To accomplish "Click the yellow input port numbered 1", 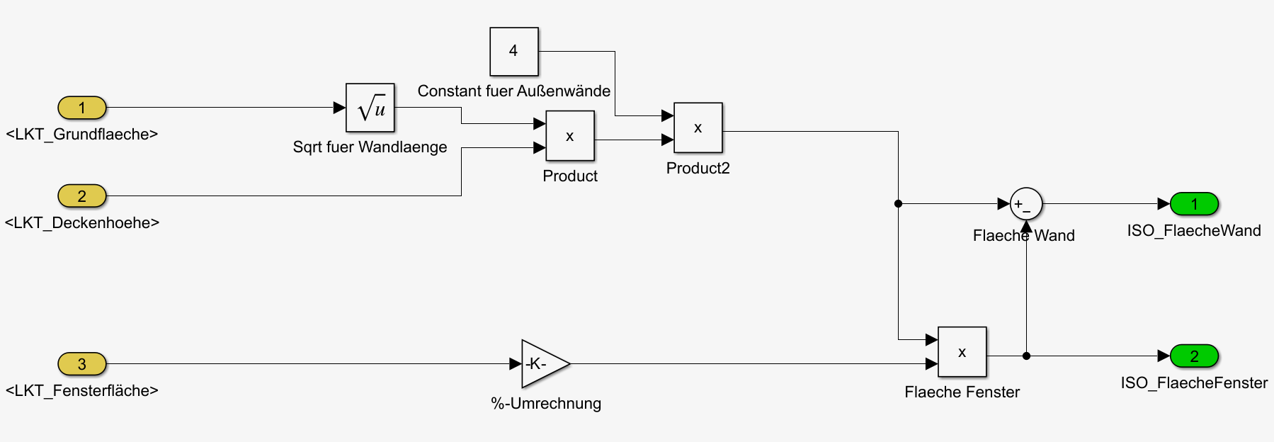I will point(82,108).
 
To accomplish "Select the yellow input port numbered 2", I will point(82,196).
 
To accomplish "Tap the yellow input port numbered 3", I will point(82,364).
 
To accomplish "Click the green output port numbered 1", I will point(1194,204).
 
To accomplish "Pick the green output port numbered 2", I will point(1194,356).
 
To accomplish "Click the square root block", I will point(370,108).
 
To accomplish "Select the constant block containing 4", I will point(514,51).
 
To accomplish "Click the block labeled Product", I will point(569,136).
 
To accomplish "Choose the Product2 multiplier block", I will point(698,127).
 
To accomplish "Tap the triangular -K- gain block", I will point(542,364).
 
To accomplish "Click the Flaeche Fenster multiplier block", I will point(962,352).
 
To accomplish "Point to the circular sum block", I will point(1025,204).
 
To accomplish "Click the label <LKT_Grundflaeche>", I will point(82,135).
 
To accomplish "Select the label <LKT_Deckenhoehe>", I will point(82,223).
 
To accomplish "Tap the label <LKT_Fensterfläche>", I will point(82,391).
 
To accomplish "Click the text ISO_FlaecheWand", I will point(1194,231).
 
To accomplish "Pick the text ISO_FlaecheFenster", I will point(1194,383).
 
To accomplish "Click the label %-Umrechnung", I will point(546,404).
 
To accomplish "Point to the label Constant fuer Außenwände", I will point(514,91).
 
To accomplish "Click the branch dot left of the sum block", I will point(898,204).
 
